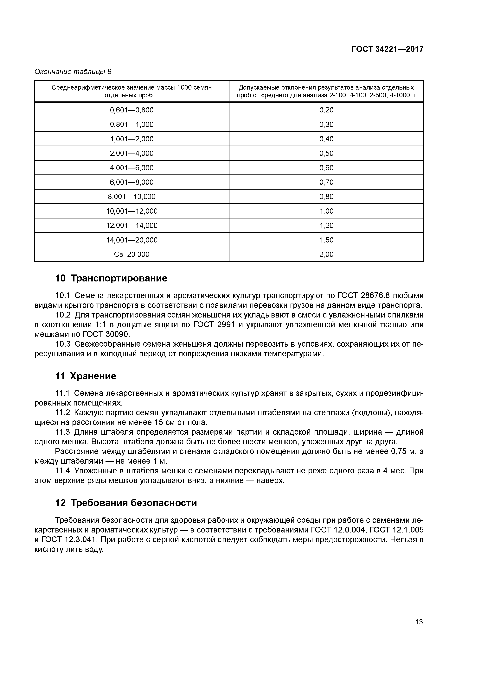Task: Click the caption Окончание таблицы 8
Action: click(x=73, y=72)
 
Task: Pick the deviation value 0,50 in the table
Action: click(x=326, y=153)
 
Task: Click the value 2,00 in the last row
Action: click(x=326, y=254)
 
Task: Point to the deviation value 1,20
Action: click(x=326, y=226)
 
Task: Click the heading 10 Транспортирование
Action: click(x=111, y=278)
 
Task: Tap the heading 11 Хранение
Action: click(x=86, y=376)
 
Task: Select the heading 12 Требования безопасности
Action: click(x=126, y=503)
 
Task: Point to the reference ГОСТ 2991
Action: click(x=214, y=325)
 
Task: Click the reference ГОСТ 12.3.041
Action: click(x=70, y=540)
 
